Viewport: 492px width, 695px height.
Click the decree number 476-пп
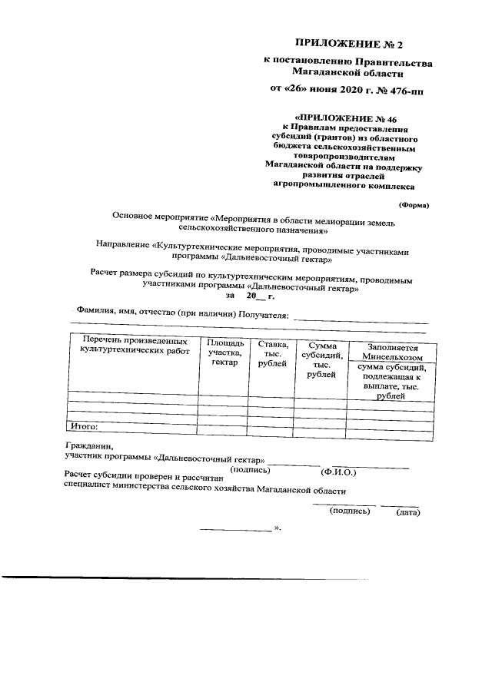pos(400,91)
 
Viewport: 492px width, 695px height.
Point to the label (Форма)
pos(414,205)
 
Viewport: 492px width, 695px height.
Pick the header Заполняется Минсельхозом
pos(391,352)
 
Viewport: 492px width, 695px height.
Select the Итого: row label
pos(85,425)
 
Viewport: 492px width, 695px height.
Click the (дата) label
pos(407,512)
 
